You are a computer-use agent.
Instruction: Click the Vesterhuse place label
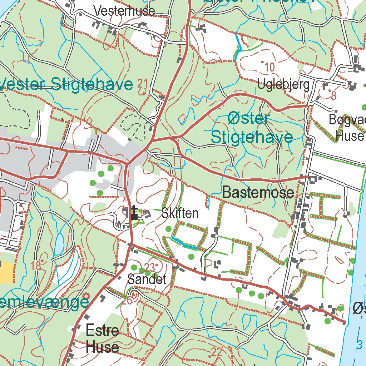click(124, 11)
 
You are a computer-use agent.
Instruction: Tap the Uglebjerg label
click(284, 85)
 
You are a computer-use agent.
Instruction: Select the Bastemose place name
click(258, 193)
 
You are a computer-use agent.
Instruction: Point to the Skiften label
click(180, 213)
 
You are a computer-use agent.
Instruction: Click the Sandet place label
click(147, 280)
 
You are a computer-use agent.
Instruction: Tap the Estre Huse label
click(102, 338)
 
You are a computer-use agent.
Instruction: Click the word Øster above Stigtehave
click(248, 119)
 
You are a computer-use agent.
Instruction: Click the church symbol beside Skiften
click(134, 213)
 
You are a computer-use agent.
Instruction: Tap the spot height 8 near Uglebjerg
click(334, 95)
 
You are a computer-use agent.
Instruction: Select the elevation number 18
click(36, 266)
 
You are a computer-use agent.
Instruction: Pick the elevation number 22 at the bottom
click(216, 352)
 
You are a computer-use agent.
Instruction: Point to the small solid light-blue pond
click(59, 244)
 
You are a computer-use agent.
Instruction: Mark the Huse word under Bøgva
click(350, 136)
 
